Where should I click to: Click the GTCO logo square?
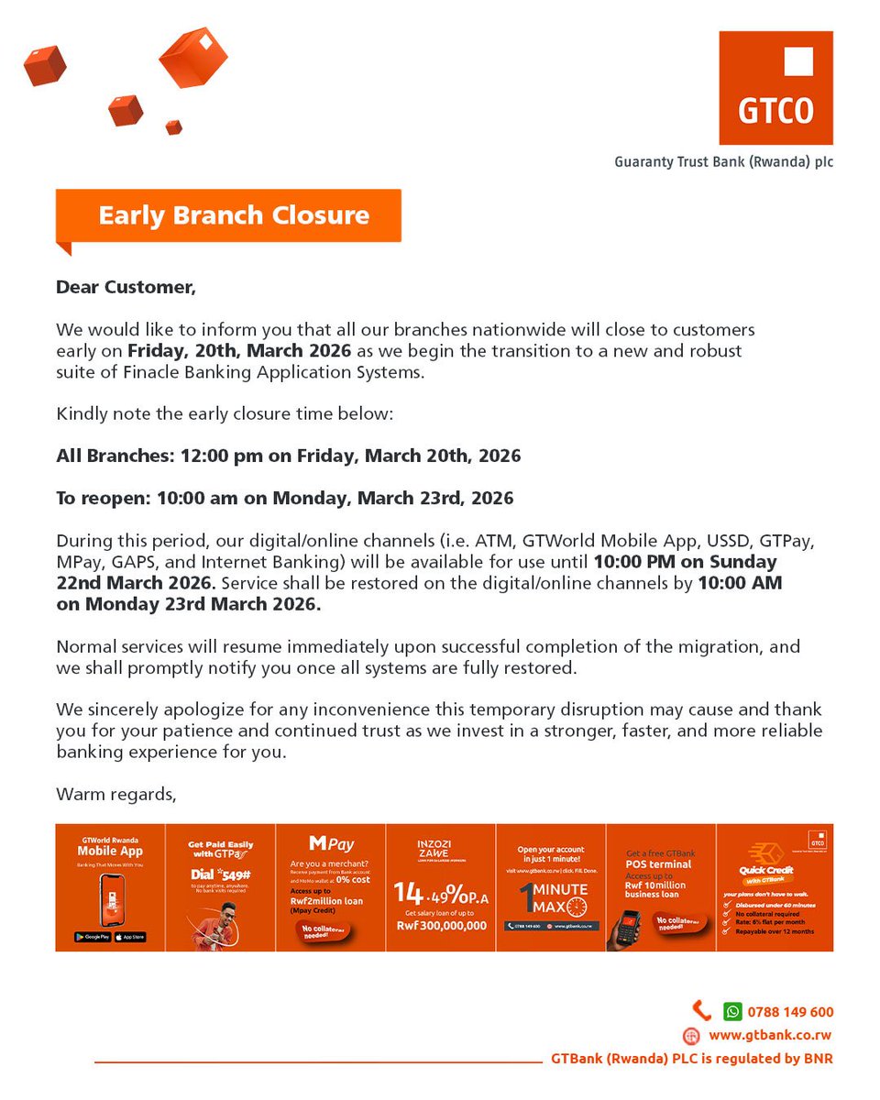775,88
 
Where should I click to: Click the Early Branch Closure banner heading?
234,215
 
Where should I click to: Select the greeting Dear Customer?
126,287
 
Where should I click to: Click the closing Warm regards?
115,793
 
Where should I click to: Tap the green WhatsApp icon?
731,1012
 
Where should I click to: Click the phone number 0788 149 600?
790,1012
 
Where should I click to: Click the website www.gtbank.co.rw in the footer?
770,1036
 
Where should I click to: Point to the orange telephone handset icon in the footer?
700,1011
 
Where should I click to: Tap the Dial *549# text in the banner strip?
220,874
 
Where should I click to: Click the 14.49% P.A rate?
441,893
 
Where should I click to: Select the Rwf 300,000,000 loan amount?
441,926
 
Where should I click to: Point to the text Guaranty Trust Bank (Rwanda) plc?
723,162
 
